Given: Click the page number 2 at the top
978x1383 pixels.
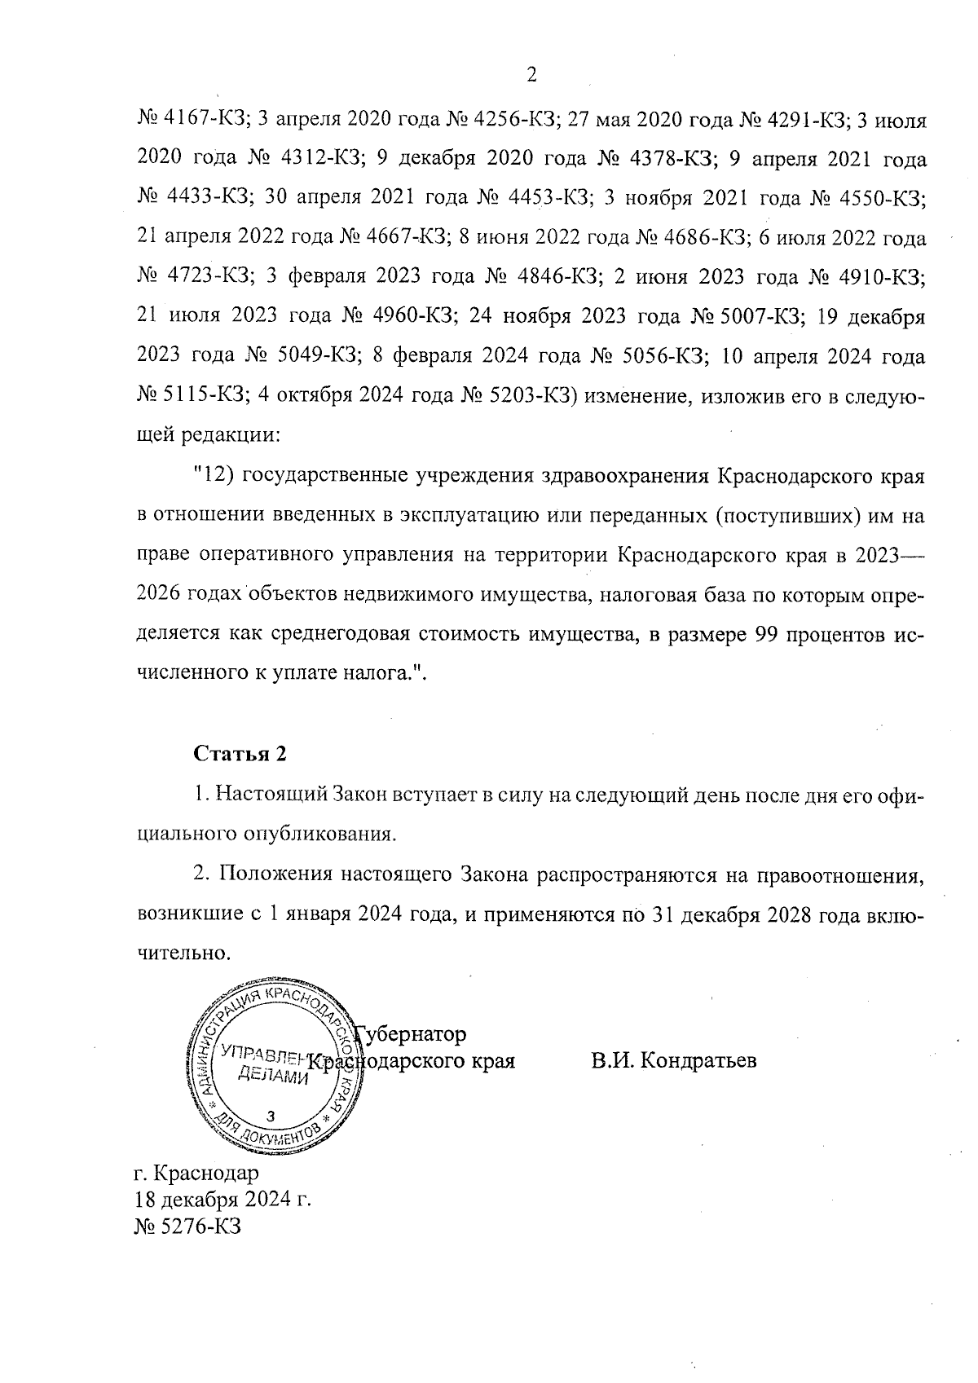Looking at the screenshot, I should [x=531, y=76].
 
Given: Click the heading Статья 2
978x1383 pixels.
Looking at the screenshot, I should [x=240, y=754].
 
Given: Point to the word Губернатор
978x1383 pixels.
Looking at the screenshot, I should [x=412, y=1034].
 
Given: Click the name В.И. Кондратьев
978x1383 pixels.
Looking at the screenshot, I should [x=674, y=1061].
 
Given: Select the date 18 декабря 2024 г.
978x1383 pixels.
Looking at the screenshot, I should [x=223, y=1200].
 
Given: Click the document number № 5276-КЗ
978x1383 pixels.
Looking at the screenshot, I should [x=187, y=1226].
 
